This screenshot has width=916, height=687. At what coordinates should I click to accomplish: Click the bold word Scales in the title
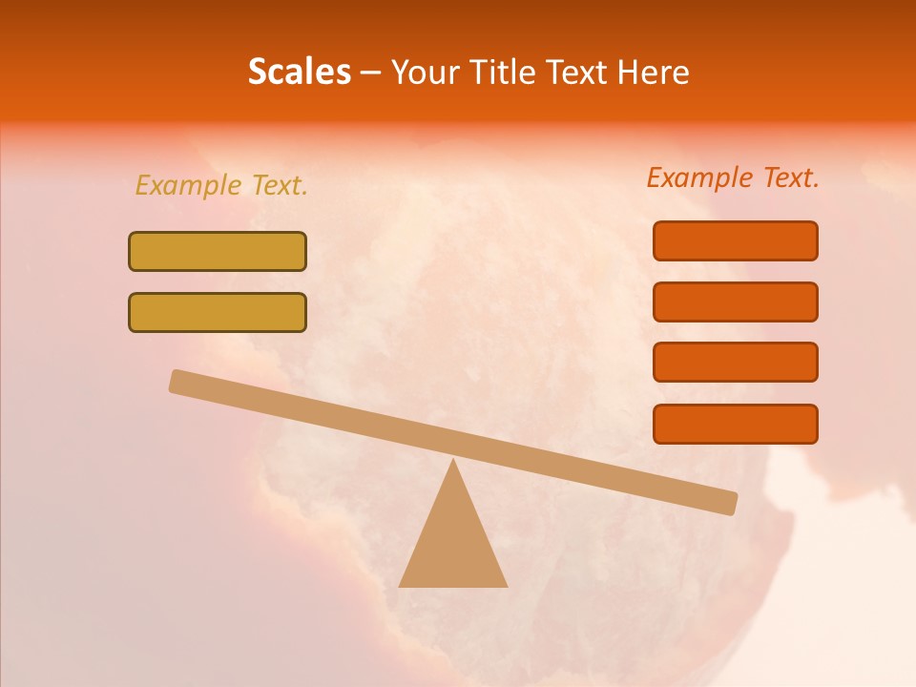(x=300, y=72)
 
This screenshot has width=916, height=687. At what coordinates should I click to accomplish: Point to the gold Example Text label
(x=221, y=185)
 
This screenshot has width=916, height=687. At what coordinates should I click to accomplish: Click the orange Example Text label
(x=733, y=177)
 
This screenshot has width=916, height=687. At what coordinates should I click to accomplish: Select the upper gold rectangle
(x=218, y=251)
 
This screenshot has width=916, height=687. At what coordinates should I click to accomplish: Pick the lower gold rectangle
(x=218, y=312)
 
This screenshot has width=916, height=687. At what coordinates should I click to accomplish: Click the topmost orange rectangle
(x=735, y=240)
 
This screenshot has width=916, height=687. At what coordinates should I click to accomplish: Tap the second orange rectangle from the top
(x=735, y=302)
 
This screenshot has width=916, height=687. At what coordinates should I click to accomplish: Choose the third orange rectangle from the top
(x=735, y=362)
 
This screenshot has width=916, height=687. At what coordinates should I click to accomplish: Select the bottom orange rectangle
(x=735, y=424)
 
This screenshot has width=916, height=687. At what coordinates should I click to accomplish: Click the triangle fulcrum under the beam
(x=452, y=544)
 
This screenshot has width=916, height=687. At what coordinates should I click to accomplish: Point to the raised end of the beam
(x=181, y=382)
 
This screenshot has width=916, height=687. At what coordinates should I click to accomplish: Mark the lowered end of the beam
(x=725, y=502)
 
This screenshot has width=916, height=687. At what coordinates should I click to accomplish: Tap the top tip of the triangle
(x=453, y=463)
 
